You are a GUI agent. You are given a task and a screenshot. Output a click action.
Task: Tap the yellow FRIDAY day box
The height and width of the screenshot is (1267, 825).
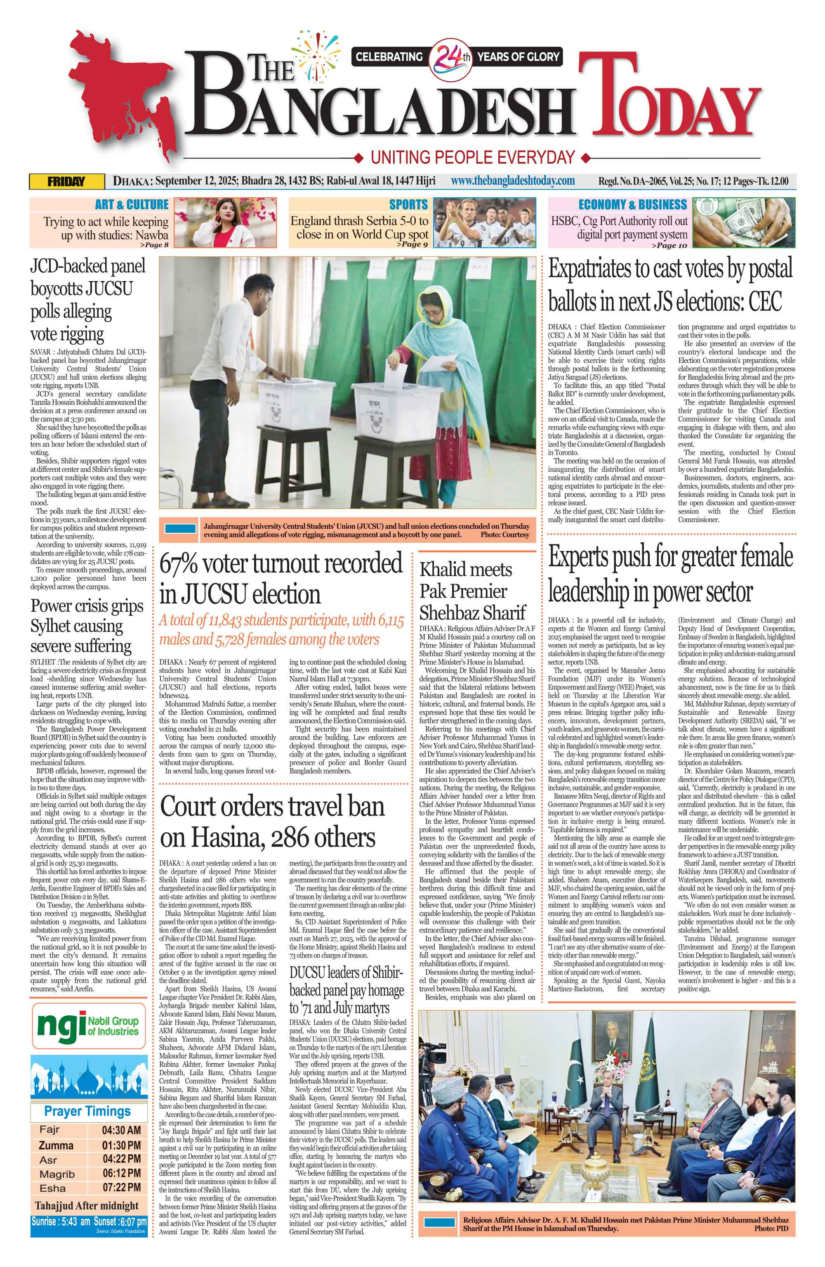coord(66,182)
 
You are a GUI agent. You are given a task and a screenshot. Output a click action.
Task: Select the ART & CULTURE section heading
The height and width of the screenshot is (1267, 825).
coord(132,204)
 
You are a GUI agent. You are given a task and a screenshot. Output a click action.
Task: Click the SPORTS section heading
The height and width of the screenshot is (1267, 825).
coord(408,204)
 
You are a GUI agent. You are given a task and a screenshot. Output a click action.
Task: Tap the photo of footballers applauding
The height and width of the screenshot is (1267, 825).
coord(484,222)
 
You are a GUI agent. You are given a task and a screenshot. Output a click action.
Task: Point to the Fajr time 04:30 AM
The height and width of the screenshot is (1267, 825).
coord(121,1130)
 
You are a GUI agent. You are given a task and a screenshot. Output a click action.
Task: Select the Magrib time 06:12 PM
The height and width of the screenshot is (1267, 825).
coord(121,1173)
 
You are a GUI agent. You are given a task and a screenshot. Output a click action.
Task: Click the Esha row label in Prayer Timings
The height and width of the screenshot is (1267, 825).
coord(53,1188)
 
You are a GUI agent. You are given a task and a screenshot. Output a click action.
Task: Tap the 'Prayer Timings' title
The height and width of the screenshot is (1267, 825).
coord(87,1111)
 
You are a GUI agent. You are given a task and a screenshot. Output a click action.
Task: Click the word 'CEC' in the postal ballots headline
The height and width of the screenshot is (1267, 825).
coord(765,302)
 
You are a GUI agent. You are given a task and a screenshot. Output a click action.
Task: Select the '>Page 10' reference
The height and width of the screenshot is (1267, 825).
coord(669,246)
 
